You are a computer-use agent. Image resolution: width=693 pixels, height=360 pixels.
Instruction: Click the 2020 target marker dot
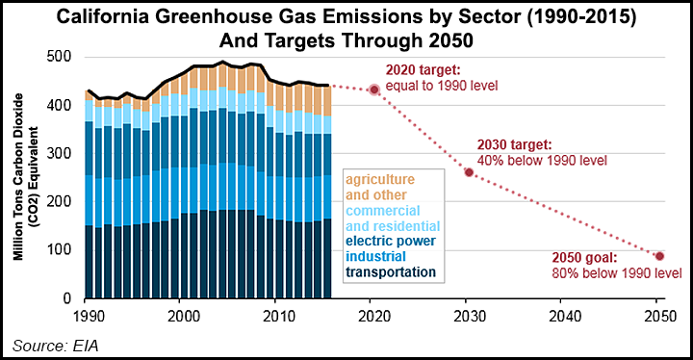(x=374, y=90)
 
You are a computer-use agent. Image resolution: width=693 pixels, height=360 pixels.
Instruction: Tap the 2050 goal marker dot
(x=659, y=256)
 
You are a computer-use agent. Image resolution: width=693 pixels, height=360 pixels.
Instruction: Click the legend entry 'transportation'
(x=391, y=272)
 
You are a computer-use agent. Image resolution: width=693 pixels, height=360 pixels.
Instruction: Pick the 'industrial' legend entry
(x=377, y=257)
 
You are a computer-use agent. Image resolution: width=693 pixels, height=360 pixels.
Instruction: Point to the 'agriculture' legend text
(x=382, y=179)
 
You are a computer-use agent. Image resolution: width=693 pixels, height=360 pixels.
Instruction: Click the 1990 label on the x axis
(x=87, y=316)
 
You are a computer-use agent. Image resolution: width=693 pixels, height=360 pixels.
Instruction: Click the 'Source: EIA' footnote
(x=54, y=344)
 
